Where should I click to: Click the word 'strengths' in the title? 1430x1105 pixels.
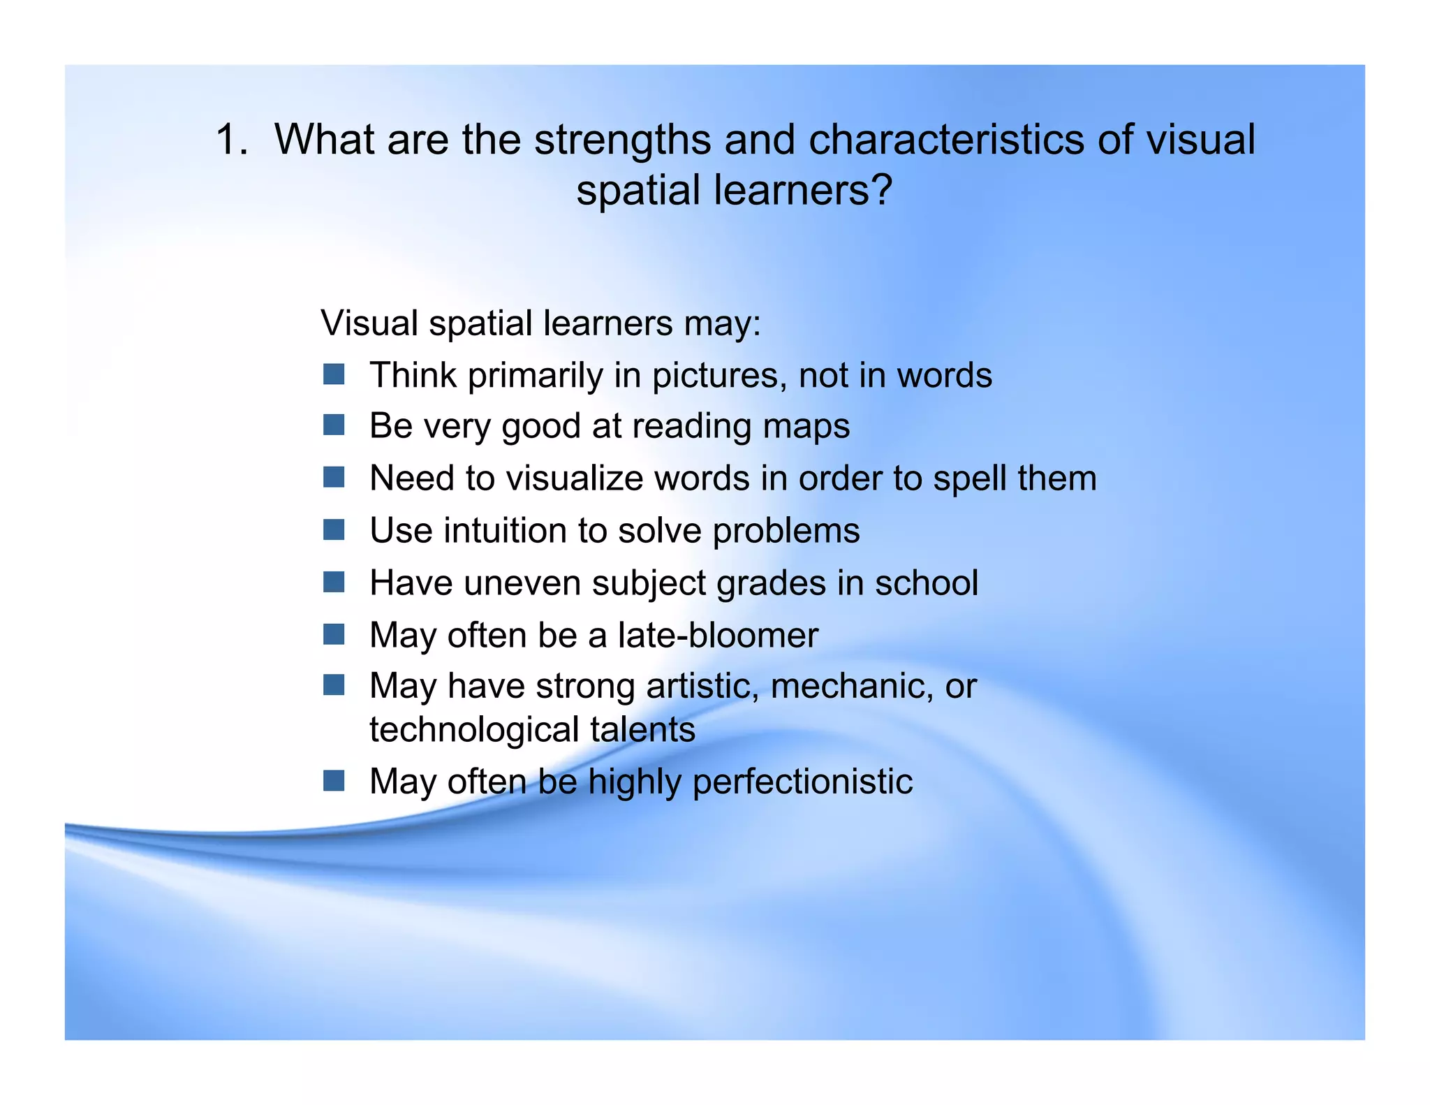623,140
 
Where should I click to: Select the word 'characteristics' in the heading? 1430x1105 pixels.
946,139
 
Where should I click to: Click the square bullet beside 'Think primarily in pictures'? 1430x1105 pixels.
334,374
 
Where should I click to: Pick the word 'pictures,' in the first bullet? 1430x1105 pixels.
719,376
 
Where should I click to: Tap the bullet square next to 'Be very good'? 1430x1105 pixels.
334,425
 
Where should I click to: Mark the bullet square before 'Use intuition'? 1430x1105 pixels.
334,530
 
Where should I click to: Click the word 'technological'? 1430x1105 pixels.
474,729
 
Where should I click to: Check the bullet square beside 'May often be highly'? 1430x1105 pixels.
334,781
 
